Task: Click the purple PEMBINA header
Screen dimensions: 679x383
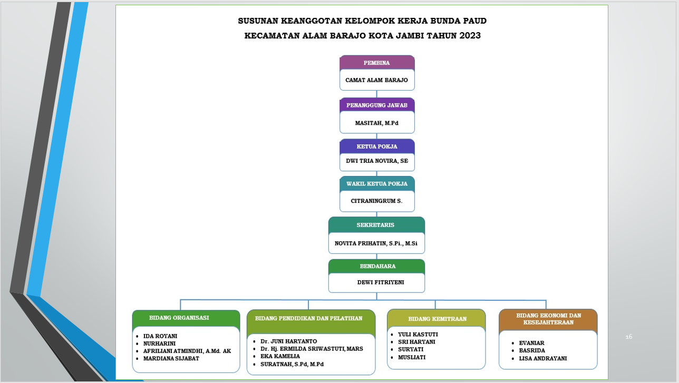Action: (x=376, y=63)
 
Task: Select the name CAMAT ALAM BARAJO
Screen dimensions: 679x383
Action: (x=376, y=80)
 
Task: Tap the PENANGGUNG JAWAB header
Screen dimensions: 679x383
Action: (x=377, y=105)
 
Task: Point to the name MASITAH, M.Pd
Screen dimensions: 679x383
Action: (x=377, y=123)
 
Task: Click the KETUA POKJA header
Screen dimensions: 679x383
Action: (x=377, y=146)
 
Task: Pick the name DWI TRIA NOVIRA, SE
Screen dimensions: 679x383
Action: (x=377, y=161)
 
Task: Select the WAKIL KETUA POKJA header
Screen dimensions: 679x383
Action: (x=377, y=184)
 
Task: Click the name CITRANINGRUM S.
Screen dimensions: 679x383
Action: (x=376, y=201)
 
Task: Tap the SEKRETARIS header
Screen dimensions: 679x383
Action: (x=375, y=225)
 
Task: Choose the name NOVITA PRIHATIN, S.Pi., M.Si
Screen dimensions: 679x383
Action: (x=376, y=243)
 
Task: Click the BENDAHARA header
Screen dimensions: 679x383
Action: (x=377, y=267)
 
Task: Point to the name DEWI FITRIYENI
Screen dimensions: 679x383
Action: (x=381, y=282)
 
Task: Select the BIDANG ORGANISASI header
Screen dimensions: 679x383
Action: (x=179, y=318)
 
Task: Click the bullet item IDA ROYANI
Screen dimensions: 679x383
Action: (x=160, y=336)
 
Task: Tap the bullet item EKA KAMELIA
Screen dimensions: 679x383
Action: (x=280, y=356)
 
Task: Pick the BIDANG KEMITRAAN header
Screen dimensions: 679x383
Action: (x=437, y=319)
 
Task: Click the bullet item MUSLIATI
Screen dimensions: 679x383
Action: (x=412, y=357)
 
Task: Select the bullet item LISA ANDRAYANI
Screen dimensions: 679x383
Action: (x=542, y=358)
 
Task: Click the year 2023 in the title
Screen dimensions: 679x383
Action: (x=470, y=36)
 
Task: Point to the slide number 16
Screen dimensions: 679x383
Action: (x=629, y=337)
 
